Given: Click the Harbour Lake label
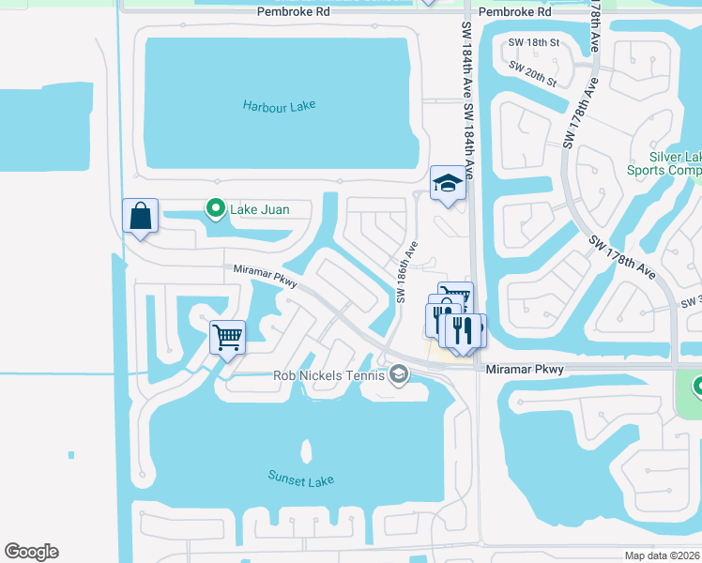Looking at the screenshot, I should [x=280, y=106].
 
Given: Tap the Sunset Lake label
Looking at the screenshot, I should [x=300, y=479].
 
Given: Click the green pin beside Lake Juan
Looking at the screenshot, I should [x=215, y=208].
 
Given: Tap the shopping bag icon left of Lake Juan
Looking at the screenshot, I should [x=140, y=216].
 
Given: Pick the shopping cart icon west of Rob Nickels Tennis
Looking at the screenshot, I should [x=228, y=336].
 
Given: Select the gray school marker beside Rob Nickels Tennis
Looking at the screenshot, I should [x=399, y=375].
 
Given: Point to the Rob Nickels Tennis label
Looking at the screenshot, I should [x=328, y=375].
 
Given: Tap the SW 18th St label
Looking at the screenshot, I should [x=533, y=43].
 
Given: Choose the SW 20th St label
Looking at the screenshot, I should [x=533, y=74].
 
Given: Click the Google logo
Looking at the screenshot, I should [x=31, y=552].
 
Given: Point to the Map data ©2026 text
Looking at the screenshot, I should [x=662, y=555].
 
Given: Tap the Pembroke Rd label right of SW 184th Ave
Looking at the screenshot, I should [x=514, y=12].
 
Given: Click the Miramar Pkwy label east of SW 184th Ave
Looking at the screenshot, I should [x=525, y=370].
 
